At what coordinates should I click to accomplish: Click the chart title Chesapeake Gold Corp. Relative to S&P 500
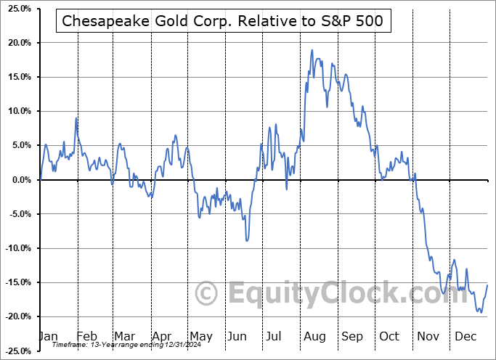click(x=224, y=22)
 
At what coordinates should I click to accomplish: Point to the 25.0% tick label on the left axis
click(x=17, y=9)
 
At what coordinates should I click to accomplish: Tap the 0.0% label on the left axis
click(x=20, y=180)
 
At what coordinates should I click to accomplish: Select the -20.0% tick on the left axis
click(x=17, y=317)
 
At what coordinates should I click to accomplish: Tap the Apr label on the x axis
click(x=161, y=336)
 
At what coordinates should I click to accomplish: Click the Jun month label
click(x=238, y=336)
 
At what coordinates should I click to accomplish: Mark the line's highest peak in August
click(x=312, y=50)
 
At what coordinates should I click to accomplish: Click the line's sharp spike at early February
click(x=76, y=118)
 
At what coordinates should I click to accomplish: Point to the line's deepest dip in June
click(x=247, y=240)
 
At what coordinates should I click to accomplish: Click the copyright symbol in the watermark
click(x=208, y=294)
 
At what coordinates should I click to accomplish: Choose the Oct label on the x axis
click(x=390, y=336)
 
